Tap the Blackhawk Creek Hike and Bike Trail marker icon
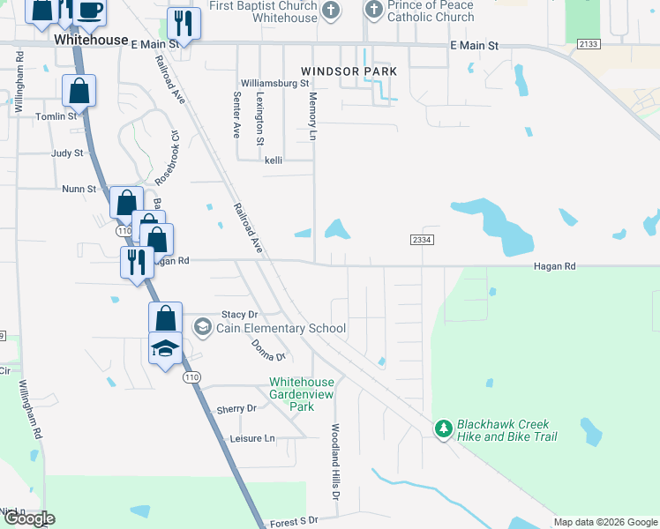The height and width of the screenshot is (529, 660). [x=443, y=428]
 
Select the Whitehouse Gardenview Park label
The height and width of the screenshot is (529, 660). [x=302, y=394]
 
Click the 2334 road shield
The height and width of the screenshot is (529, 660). [x=422, y=240]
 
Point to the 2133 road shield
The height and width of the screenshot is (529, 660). [x=589, y=44]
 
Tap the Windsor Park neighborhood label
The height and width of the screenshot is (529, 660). [x=349, y=71]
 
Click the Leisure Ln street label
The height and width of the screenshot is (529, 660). [x=252, y=438]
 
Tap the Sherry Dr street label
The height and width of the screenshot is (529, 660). [x=236, y=409]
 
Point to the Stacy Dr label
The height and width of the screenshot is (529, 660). [x=239, y=314]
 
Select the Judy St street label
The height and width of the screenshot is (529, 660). [x=67, y=153]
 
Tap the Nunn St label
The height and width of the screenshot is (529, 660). [x=79, y=189]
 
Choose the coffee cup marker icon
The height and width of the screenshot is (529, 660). [x=89, y=11]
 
